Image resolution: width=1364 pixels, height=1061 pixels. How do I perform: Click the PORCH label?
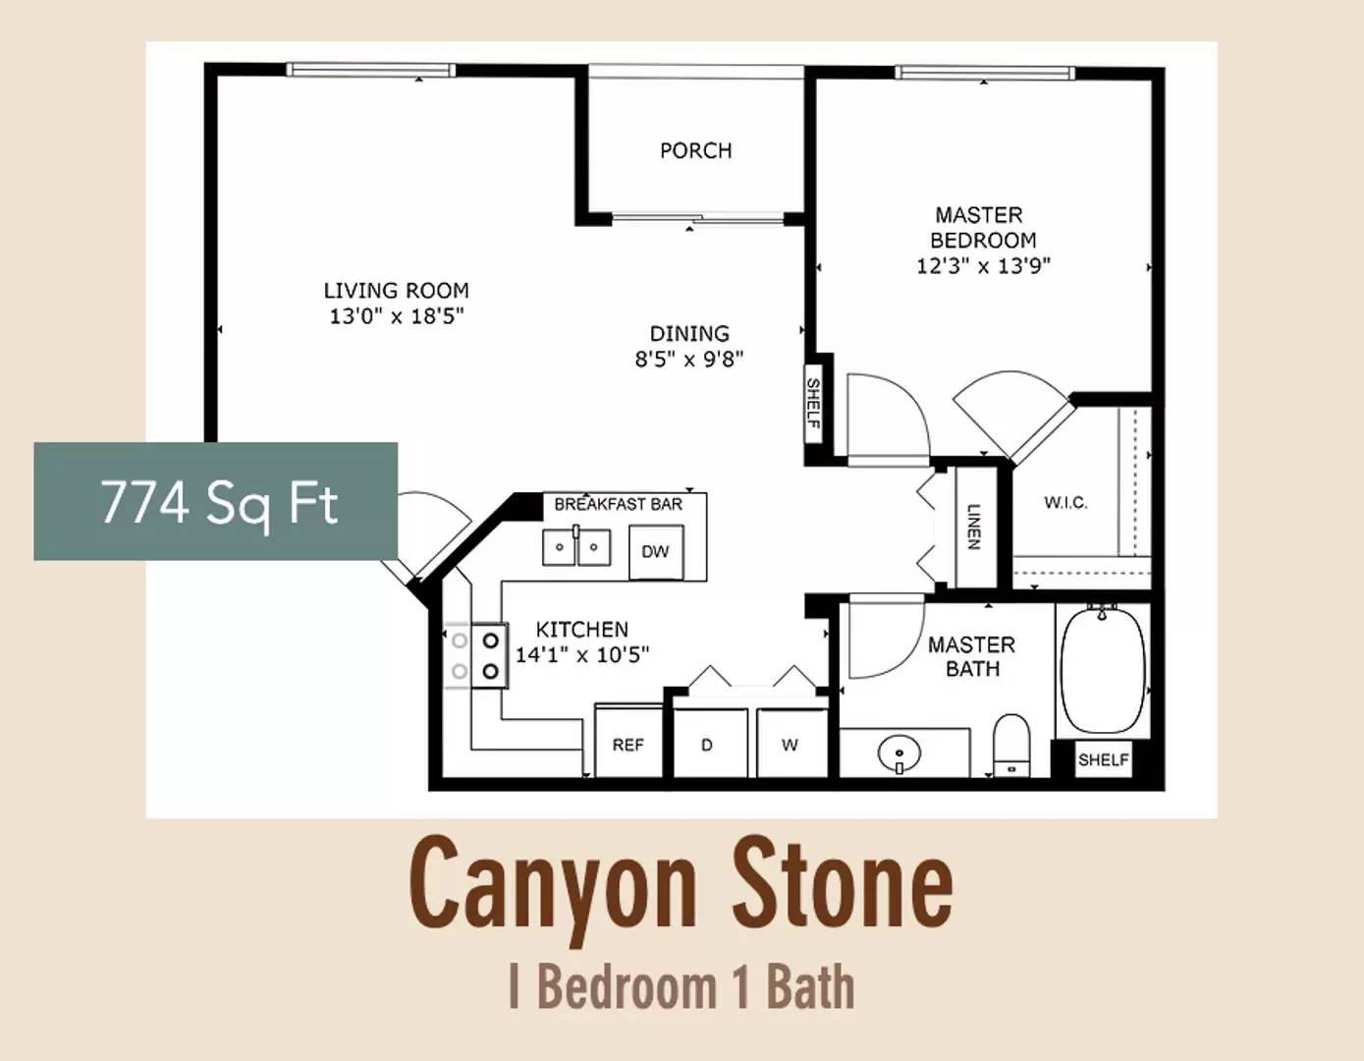tap(695, 150)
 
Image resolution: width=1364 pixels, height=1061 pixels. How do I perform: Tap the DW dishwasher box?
tap(656, 552)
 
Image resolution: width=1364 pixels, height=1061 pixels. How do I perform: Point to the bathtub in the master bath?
tap(1103, 669)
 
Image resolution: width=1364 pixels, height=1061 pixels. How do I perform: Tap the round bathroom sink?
tap(900, 754)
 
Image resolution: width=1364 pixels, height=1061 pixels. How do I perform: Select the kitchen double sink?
tap(576, 547)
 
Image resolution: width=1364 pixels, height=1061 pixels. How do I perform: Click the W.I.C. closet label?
tap(1065, 503)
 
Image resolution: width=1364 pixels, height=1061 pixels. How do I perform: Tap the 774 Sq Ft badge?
tap(215, 501)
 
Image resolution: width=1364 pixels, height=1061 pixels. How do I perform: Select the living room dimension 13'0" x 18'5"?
tap(397, 315)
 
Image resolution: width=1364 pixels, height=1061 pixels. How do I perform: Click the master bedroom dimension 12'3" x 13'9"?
tap(984, 266)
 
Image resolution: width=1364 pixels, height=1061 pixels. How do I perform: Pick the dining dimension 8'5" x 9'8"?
tap(689, 360)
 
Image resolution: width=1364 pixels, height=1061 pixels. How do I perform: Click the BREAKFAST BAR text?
tap(619, 505)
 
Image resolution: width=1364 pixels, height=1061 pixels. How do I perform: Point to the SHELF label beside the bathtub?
tap(1104, 760)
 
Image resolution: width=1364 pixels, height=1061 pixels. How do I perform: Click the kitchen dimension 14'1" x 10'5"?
tap(582, 655)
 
